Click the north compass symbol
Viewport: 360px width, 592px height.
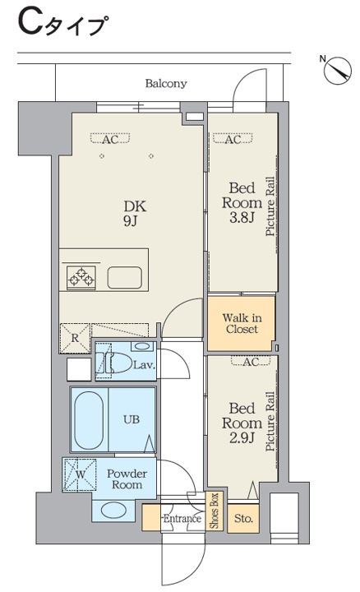point(338,70)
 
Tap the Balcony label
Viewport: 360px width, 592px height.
point(166,83)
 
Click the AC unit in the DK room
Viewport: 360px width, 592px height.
point(110,139)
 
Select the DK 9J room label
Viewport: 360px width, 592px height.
point(135,214)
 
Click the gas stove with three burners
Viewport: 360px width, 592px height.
point(81,278)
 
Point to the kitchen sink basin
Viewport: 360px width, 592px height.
point(125,278)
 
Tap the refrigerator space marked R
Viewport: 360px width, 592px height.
point(75,338)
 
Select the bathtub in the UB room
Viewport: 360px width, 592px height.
point(89,420)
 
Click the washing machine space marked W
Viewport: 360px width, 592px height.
point(80,474)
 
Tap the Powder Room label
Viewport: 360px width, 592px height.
point(127,479)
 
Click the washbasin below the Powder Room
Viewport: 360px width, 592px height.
point(113,511)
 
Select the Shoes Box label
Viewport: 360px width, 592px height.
point(215,511)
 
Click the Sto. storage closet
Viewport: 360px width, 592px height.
point(243,519)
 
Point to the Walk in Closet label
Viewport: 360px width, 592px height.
point(242,324)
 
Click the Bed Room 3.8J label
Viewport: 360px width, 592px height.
point(242,203)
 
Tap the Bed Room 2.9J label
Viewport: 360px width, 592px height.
point(242,423)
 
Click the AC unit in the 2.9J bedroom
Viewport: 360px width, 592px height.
point(251,361)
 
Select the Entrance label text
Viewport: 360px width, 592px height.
point(182,518)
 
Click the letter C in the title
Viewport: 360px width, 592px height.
point(31,23)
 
